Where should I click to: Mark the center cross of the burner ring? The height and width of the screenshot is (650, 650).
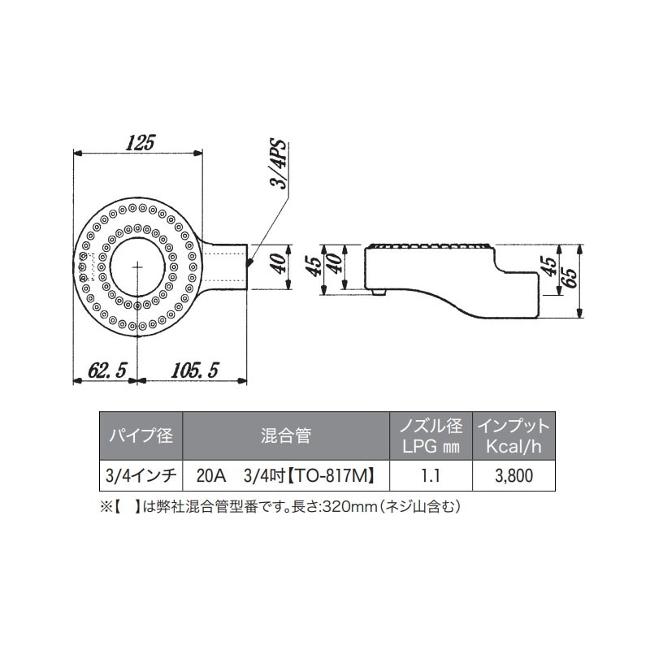click(137, 266)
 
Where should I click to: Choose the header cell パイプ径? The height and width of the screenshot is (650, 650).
click(141, 435)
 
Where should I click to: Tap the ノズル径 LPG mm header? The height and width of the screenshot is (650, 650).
click(431, 435)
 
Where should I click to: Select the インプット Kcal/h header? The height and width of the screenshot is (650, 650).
click(513, 435)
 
